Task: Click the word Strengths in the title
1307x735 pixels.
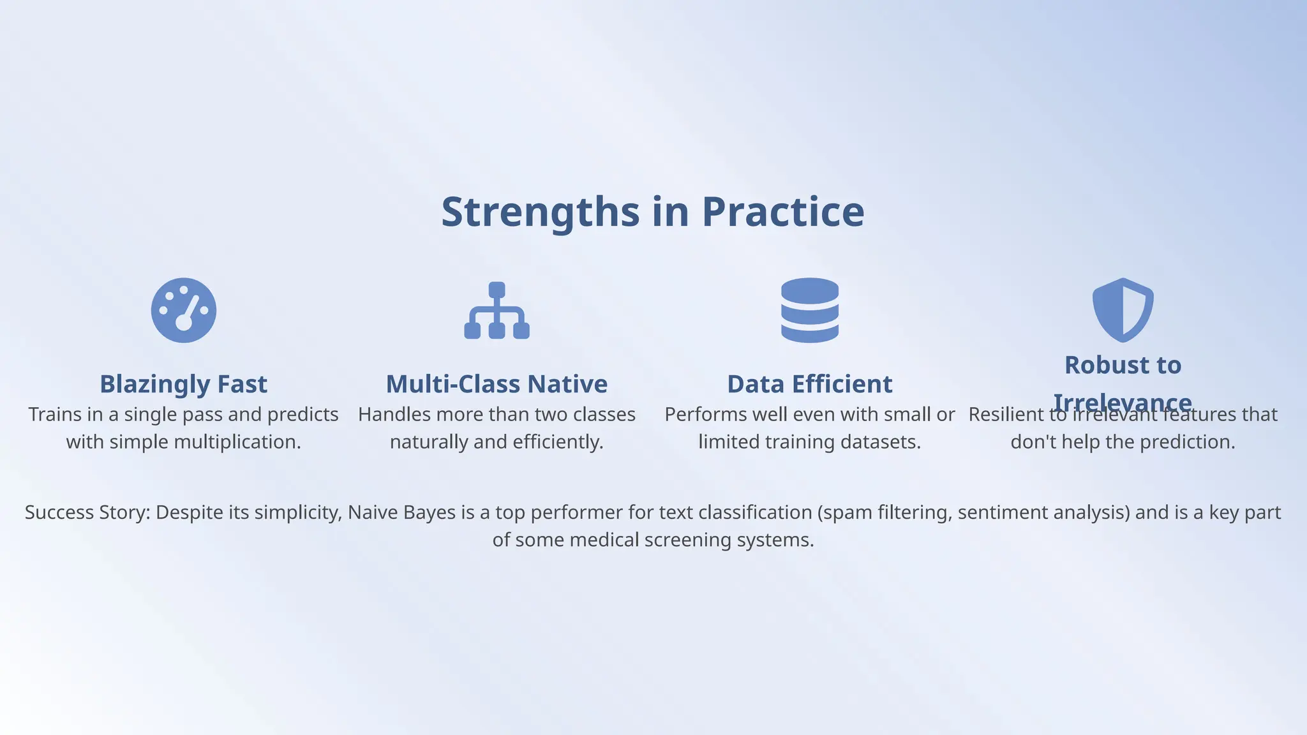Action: (540, 212)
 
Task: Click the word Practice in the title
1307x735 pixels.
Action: (783, 212)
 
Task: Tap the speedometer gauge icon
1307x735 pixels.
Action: (184, 310)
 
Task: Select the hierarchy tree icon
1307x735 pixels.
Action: (497, 310)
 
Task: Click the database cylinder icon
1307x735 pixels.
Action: (809, 310)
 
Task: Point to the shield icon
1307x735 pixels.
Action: (1123, 309)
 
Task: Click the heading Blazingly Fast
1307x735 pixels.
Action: (184, 384)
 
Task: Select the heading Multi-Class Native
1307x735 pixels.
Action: (497, 384)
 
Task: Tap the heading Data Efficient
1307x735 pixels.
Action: (809, 384)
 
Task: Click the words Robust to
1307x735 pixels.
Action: (1123, 365)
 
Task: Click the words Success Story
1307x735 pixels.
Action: (87, 512)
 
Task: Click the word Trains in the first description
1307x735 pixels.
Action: (55, 415)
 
